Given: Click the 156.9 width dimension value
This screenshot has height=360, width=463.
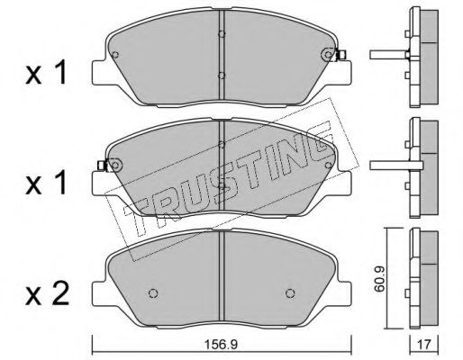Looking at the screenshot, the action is (221, 345).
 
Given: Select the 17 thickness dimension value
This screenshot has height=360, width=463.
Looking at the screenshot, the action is (424, 345).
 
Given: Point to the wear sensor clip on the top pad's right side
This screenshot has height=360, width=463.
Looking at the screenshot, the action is (341, 55).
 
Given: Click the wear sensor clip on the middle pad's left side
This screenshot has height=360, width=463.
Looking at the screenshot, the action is (103, 166).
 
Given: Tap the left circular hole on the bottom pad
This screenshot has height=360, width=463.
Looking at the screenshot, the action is (153, 293).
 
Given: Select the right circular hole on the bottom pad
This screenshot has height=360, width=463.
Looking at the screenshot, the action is (290, 293).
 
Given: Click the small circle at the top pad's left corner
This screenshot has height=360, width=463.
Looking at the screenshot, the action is (115, 55).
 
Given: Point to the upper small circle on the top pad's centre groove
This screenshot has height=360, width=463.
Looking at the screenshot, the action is (222, 34).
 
